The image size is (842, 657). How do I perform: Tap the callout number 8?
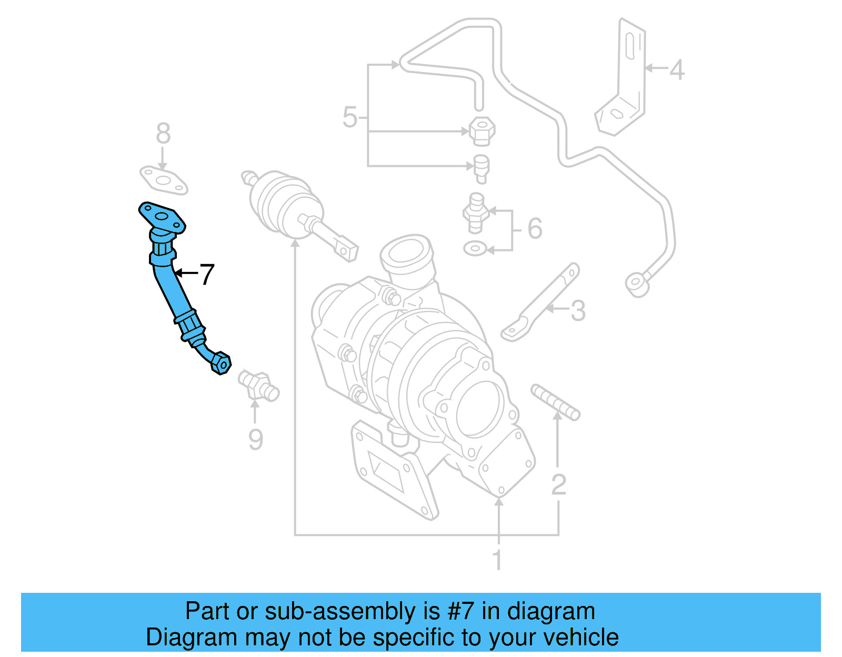pyautogui.click(x=163, y=134)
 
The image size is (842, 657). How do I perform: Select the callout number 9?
pyautogui.click(x=255, y=440)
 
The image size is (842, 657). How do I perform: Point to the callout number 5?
pyautogui.click(x=350, y=117)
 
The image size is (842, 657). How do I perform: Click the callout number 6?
pyautogui.click(x=535, y=228)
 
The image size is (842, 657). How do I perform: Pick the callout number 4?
pyautogui.click(x=677, y=69)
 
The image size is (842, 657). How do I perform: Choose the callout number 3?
pyautogui.click(x=578, y=310)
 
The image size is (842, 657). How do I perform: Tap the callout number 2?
pyautogui.click(x=558, y=484)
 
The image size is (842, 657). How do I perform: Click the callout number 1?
pyautogui.click(x=497, y=560)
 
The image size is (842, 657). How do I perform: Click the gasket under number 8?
pyautogui.click(x=164, y=180)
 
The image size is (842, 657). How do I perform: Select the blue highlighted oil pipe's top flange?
pyautogui.click(x=162, y=217)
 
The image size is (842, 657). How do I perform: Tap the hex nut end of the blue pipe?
pyautogui.click(x=222, y=363)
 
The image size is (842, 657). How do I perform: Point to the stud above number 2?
pyautogui.click(x=555, y=402)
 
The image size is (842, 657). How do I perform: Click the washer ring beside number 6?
pyautogui.click(x=475, y=248)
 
